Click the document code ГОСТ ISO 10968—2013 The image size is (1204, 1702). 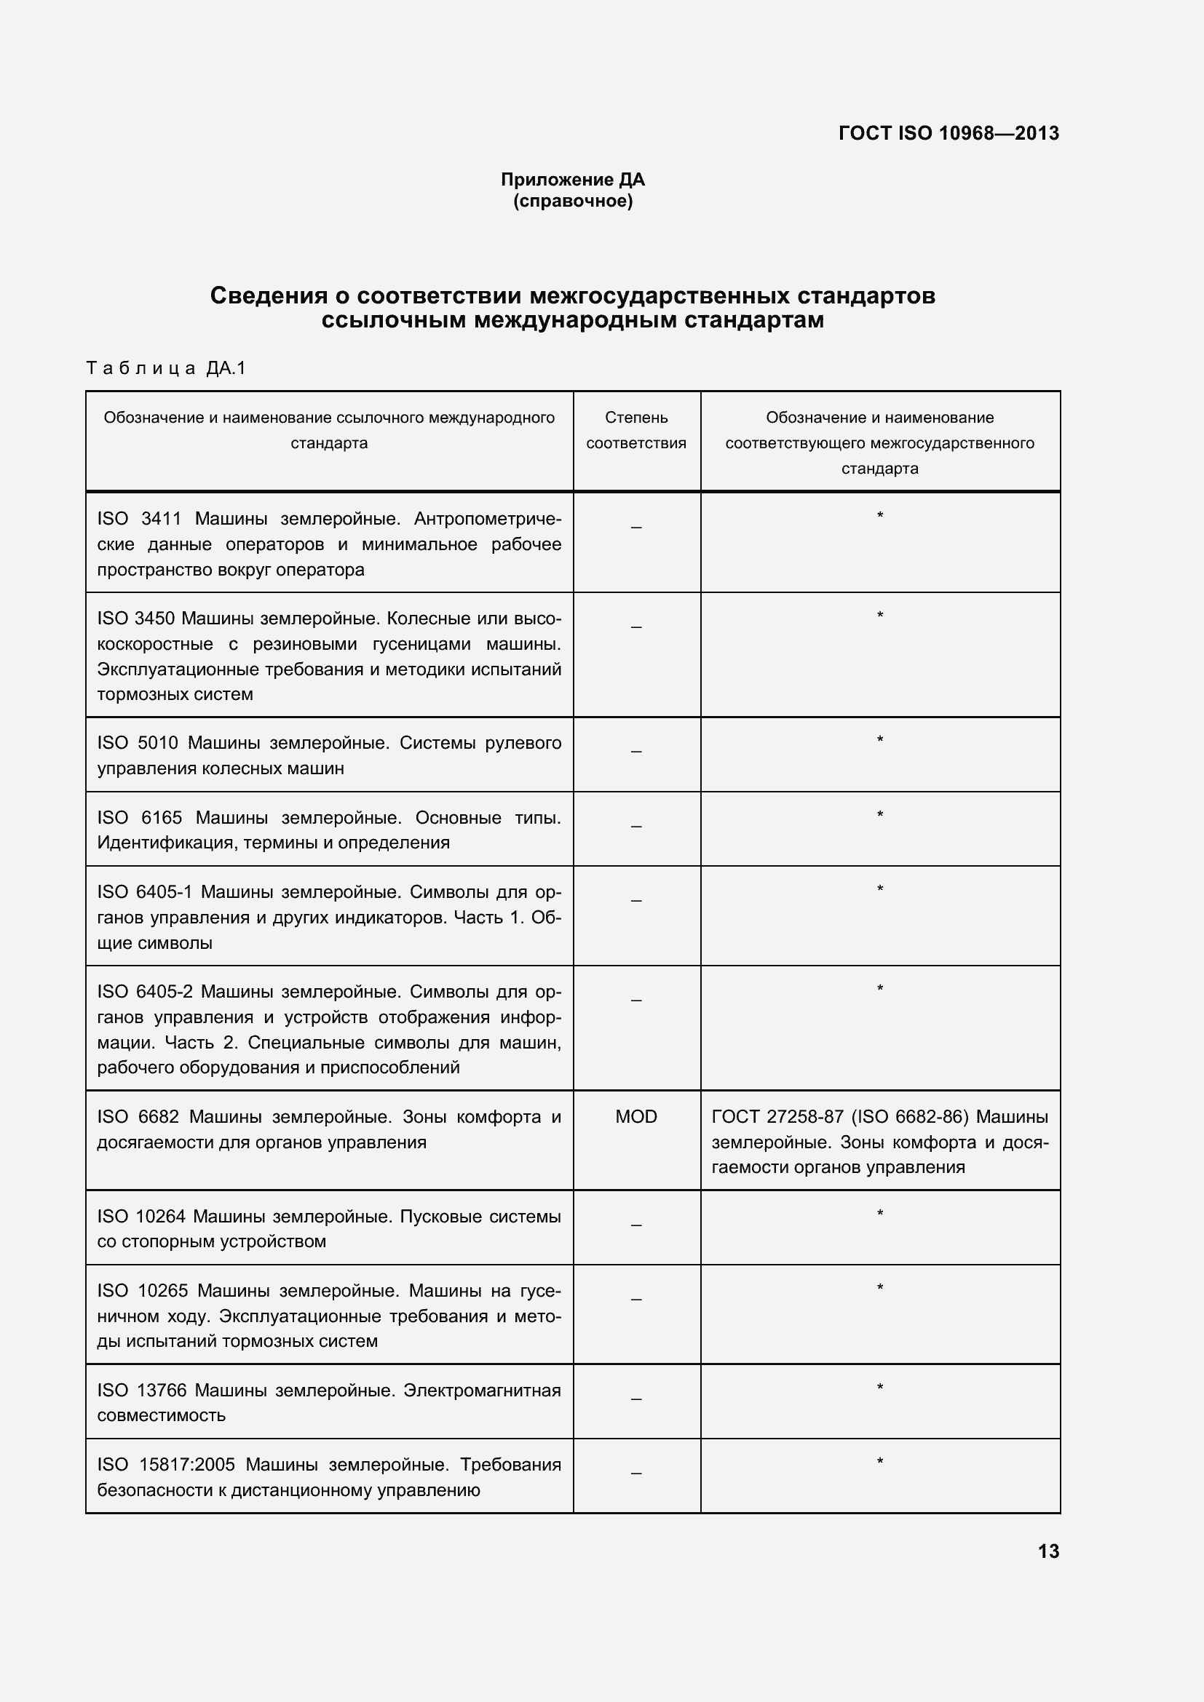click(x=948, y=133)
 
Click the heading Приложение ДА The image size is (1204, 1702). click(x=572, y=180)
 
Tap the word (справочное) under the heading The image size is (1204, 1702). click(x=572, y=201)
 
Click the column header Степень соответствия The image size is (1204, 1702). click(x=636, y=430)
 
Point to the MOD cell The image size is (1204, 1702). click(x=636, y=1116)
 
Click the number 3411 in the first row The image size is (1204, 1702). click(x=161, y=519)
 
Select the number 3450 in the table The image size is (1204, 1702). click(x=154, y=619)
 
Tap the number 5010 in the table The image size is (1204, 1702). click(x=157, y=743)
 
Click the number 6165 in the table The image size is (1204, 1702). click(x=161, y=818)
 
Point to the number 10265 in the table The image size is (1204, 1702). click(x=163, y=1291)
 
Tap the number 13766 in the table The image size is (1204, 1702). click(x=162, y=1390)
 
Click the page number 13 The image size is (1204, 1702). click(x=1048, y=1551)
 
